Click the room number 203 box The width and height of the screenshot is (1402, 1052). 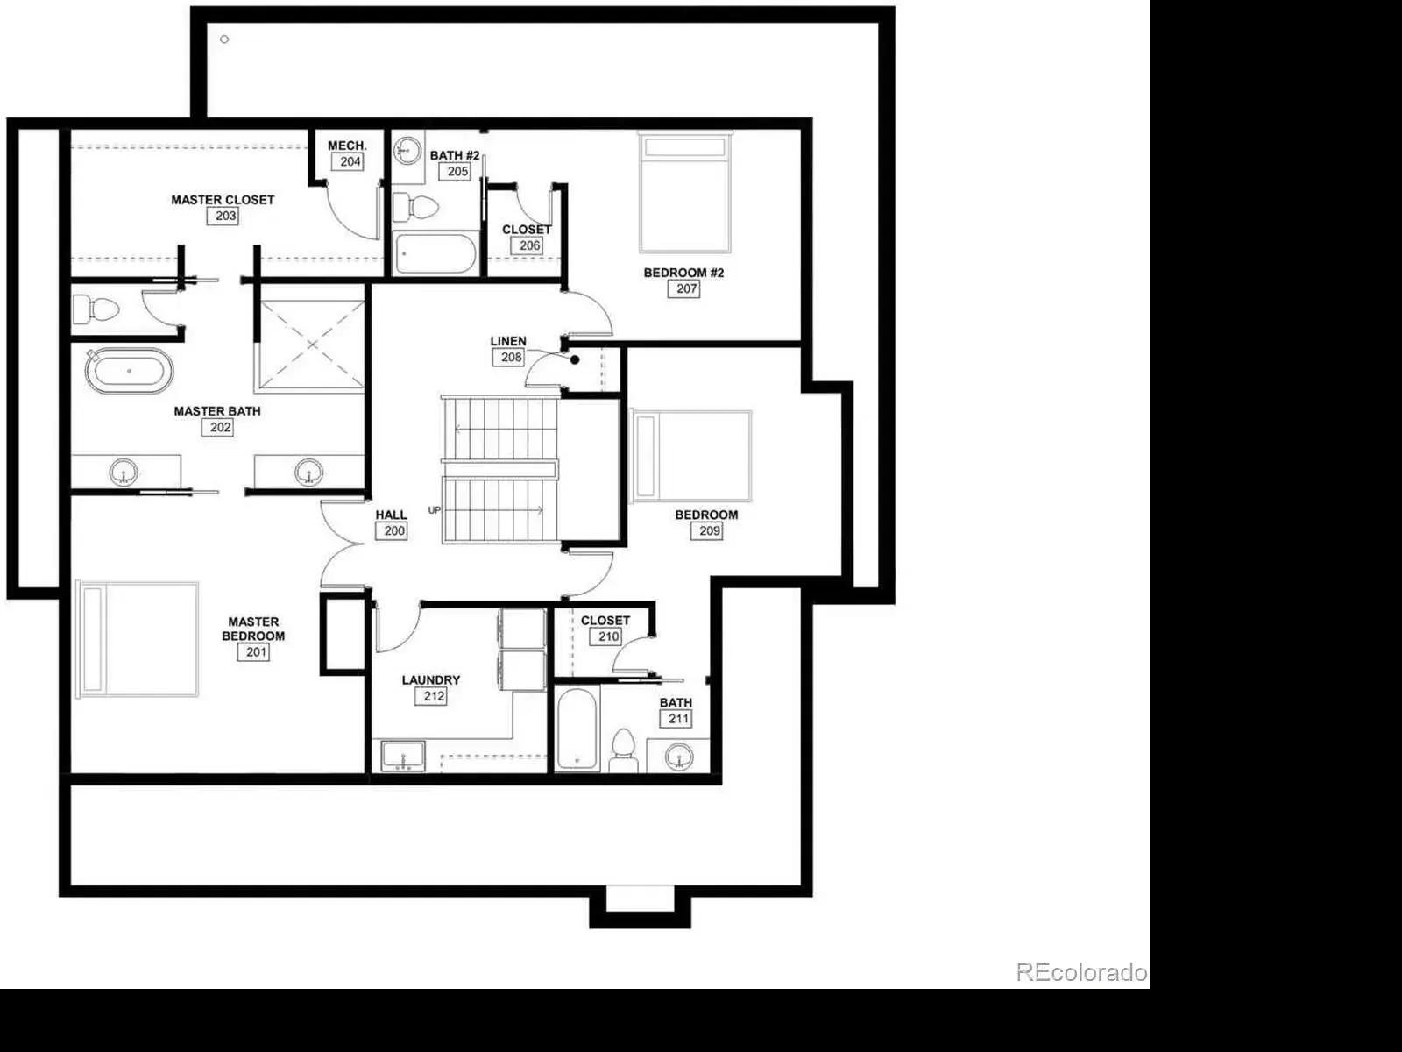[223, 216]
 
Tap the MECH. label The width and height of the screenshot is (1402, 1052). [348, 146]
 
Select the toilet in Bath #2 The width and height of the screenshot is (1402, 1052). [416, 207]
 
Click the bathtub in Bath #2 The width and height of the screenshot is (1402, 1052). [435, 253]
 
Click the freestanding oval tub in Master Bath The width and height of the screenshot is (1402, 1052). [129, 371]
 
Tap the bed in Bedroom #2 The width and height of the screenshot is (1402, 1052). [685, 192]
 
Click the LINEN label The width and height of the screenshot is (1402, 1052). [508, 341]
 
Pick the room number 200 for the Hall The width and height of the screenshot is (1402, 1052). [391, 530]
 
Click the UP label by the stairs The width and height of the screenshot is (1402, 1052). [435, 510]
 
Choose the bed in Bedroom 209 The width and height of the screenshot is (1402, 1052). [690, 456]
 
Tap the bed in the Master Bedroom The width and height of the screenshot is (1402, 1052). [138, 639]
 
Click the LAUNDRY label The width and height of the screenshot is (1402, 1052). [431, 680]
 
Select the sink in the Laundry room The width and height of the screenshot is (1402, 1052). [403, 757]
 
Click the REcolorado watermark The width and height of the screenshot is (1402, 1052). [1081, 972]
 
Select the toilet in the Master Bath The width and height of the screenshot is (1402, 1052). [96, 310]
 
